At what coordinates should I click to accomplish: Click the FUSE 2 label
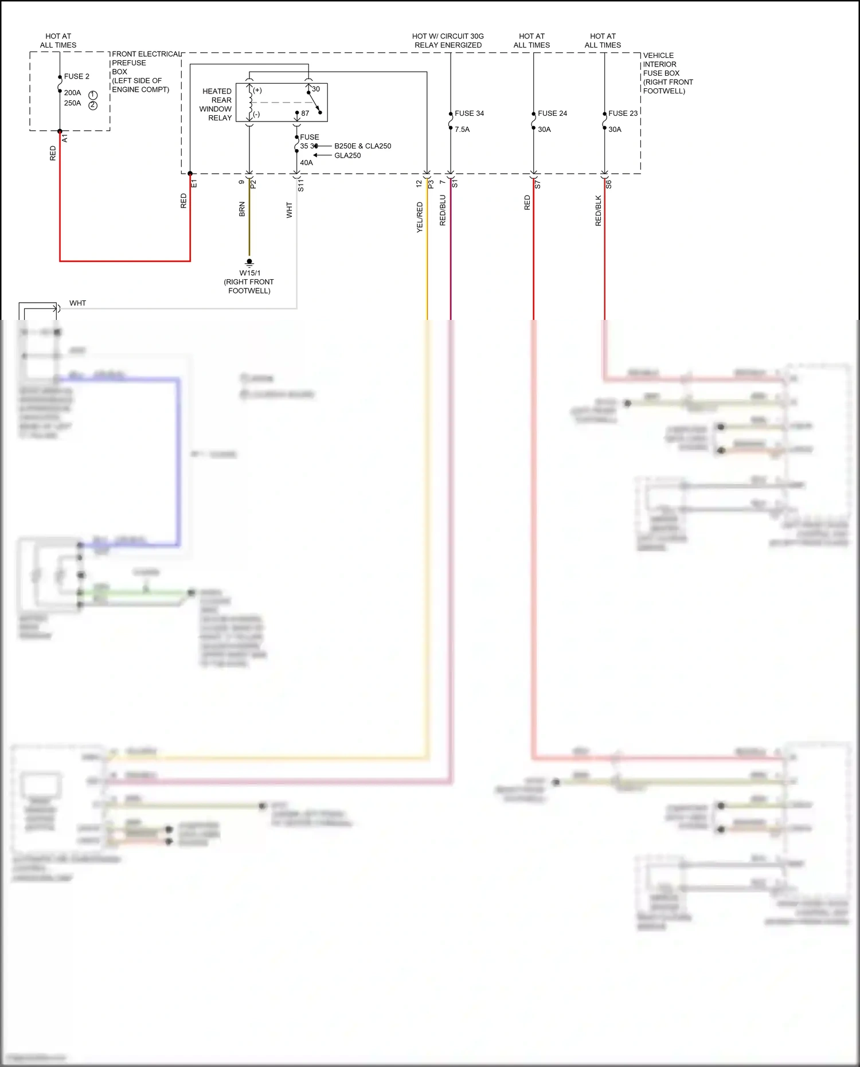point(76,76)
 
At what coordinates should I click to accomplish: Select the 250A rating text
point(72,103)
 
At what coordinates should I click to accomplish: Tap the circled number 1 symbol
point(93,95)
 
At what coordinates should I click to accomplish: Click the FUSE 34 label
point(469,114)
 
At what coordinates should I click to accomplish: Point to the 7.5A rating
point(462,130)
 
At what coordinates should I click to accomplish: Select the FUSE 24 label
point(552,114)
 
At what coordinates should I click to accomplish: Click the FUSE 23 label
point(623,114)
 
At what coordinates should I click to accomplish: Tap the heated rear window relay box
point(282,102)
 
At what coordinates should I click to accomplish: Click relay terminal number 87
point(305,114)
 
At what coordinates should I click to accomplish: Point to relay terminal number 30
point(316,89)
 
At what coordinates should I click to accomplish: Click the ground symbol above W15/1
point(249,263)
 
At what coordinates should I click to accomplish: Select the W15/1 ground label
point(249,273)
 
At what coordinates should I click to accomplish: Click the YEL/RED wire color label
point(420,217)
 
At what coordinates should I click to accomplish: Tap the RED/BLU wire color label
point(443,210)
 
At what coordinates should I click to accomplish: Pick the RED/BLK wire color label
point(598,211)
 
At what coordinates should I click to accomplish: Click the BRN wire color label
point(242,209)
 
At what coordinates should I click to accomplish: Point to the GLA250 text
point(347,155)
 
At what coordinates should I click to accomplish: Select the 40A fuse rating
point(306,163)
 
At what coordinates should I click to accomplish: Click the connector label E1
point(194,183)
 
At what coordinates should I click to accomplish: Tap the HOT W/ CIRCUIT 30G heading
point(448,36)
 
